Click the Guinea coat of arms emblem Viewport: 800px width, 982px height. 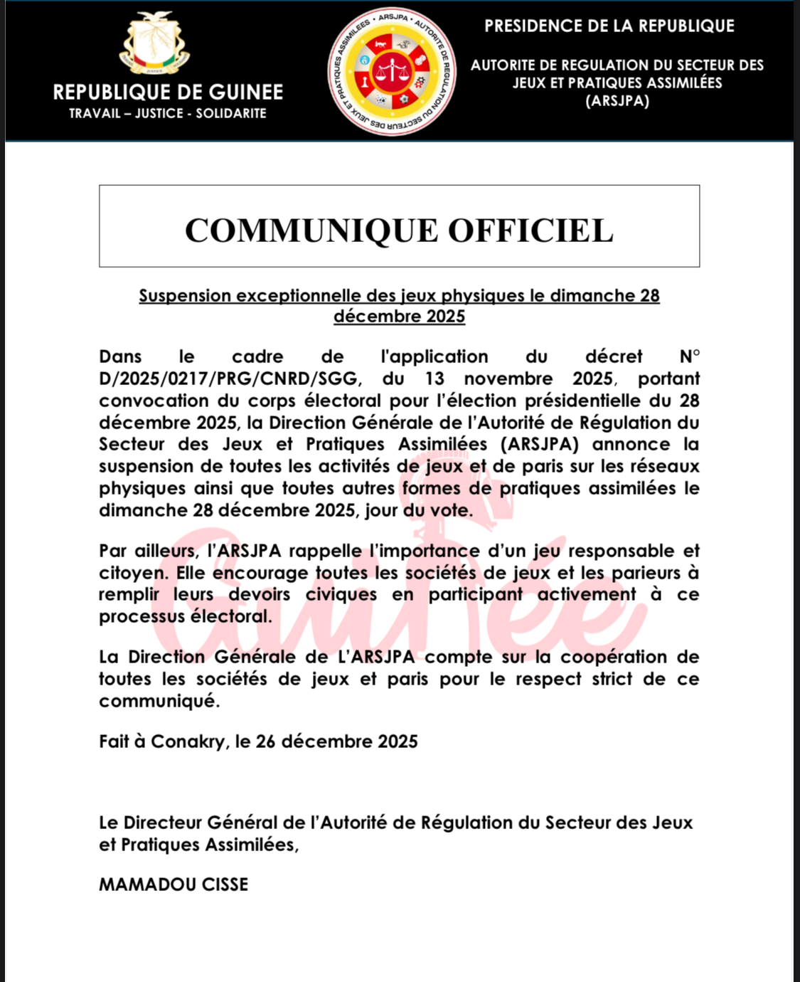point(155,44)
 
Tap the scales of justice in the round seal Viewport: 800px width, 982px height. point(392,71)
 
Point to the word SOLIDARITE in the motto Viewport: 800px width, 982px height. point(231,113)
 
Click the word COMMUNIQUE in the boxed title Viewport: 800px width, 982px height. point(311,231)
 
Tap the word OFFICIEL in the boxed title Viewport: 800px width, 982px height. point(530,231)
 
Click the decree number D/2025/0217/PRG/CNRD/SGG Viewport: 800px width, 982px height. point(228,379)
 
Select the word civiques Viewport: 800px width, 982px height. point(341,595)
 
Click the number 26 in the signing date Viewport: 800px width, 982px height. point(265,741)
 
